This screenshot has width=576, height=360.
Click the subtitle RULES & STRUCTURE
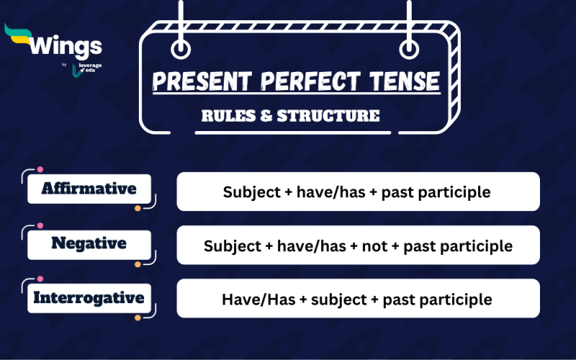click(x=290, y=116)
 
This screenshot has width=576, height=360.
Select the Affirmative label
click(x=89, y=189)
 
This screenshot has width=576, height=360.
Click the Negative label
click(x=89, y=243)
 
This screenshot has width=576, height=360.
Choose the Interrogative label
click(x=89, y=297)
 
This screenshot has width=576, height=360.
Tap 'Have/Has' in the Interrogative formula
click(x=249, y=300)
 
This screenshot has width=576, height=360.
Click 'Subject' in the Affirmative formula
click(x=248, y=192)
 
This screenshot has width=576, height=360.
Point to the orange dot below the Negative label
click(x=138, y=264)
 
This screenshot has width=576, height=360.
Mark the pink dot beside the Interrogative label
click(x=40, y=279)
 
